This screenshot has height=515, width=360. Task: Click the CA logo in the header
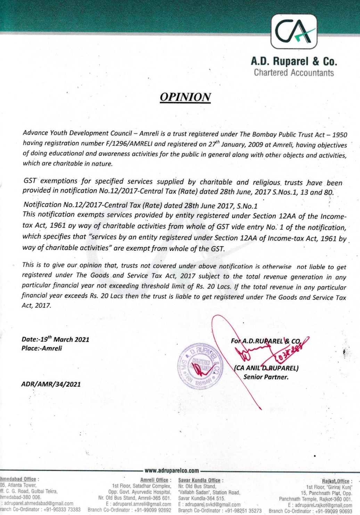pos(294,33)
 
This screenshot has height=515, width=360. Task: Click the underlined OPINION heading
pos(185,97)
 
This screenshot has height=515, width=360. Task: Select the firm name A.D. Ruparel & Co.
pos(294,61)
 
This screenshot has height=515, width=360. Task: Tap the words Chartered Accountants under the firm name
pos(294,73)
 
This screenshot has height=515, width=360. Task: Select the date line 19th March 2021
pos(55,339)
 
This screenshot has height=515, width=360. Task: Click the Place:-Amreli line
pos(42,348)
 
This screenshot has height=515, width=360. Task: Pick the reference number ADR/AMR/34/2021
pos(51,384)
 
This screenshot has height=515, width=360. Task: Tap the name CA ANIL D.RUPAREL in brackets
pos(267,368)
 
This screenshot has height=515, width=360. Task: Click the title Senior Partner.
pos(266,377)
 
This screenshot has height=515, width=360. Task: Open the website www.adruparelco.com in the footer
pos(172,471)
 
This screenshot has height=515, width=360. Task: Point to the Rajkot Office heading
pos(336,481)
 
